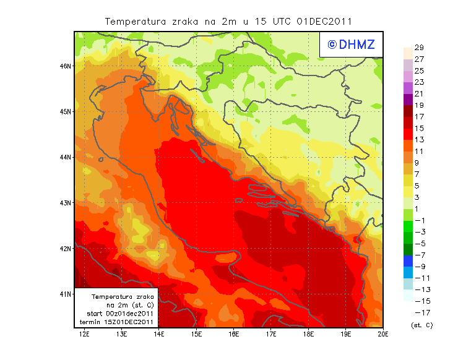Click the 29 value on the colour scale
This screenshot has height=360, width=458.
point(419,48)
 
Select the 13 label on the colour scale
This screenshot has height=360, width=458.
point(419,140)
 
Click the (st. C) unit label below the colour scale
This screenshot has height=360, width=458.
point(421,325)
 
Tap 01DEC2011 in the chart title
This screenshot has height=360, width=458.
point(324,21)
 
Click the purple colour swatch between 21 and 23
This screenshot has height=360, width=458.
point(407,88)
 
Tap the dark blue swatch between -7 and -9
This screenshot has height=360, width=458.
point(407,261)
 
